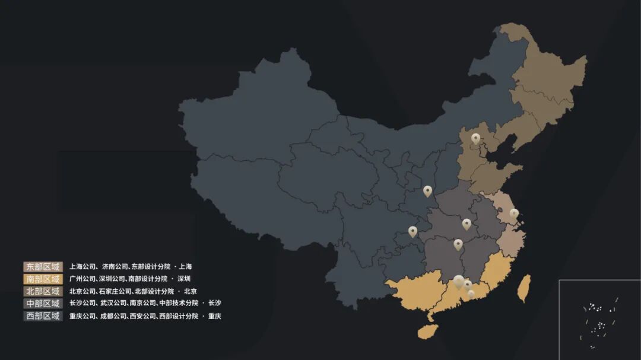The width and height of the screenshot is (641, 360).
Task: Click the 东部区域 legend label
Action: [43, 267]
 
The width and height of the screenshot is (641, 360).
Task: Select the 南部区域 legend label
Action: [43, 279]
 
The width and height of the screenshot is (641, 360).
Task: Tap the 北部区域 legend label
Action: [43, 291]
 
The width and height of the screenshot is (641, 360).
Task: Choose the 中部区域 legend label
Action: [43, 304]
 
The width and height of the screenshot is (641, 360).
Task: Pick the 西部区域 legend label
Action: [43, 316]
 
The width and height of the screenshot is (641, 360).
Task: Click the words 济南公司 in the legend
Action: [115, 267]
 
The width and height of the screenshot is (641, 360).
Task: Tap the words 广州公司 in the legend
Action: [82, 279]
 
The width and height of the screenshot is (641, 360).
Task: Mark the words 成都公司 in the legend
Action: [113, 316]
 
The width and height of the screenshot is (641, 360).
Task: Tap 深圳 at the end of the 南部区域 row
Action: [183, 279]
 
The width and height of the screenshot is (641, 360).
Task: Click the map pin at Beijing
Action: [475, 138]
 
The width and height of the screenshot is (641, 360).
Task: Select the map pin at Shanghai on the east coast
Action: [514, 214]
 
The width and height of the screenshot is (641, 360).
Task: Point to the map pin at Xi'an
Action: [427, 191]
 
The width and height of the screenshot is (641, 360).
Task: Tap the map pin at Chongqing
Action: [412, 231]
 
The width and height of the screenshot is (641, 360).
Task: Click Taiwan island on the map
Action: [523, 288]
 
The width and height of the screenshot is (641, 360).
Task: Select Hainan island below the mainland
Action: [427, 331]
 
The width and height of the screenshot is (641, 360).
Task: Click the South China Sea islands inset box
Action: [599, 319]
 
